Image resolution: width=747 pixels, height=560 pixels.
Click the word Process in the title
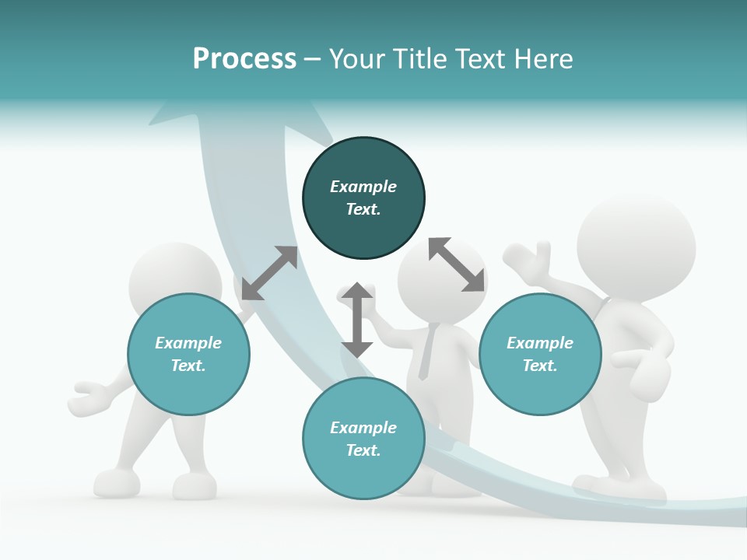(244, 59)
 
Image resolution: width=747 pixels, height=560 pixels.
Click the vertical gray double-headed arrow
(357, 320)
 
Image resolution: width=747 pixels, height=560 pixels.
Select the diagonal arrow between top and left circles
(269, 273)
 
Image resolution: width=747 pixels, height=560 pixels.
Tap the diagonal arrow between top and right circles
(456, 264)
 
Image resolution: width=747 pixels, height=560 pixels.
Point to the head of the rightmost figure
(636, 247)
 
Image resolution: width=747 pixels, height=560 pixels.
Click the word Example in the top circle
(363, 187)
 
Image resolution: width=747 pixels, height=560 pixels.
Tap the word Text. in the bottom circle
(363, 450)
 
